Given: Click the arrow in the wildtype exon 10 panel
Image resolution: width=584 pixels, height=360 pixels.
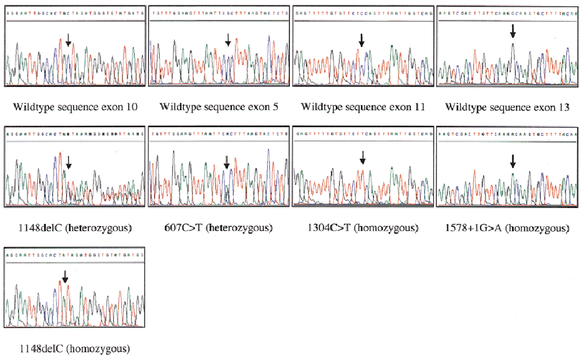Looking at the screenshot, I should (x=69, y=40).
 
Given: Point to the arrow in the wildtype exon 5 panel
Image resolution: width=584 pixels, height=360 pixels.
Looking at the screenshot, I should (x=228, y=40).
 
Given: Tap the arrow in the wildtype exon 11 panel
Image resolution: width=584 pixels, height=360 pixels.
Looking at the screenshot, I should (x=361, y=40).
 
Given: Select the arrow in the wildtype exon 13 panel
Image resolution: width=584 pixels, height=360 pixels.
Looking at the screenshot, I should (x=513, y=31).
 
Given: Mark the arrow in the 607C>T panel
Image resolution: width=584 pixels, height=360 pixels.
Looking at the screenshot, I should (x=226, y=163).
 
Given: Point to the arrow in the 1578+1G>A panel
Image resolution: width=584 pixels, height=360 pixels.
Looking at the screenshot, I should (x=513, y=161).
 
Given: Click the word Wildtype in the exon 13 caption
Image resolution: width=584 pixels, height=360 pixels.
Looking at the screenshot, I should (x=466, y=107).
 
